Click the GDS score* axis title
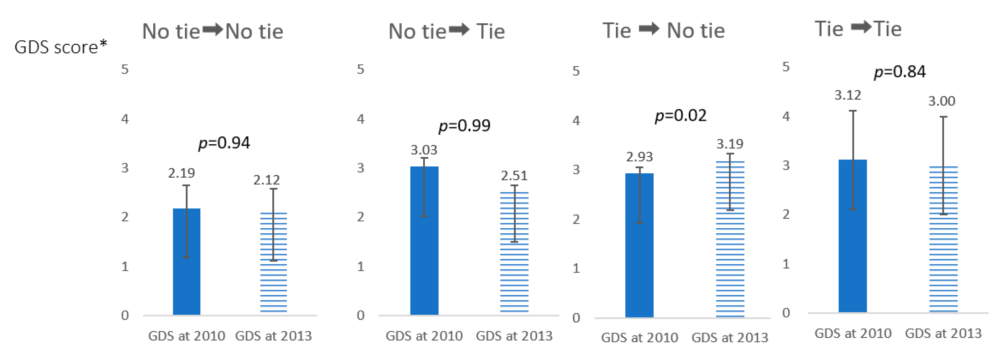click(61, 47)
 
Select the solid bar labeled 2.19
click(187, 262)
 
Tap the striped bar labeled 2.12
click(273, 263)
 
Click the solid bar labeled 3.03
click(424, 241)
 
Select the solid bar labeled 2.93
click(639, 245)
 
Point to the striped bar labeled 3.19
click(730, 239)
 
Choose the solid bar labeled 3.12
click(852, 236)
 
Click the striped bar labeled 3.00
click(944, 239)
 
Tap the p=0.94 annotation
click(224, 143)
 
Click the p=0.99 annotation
click(464, 125)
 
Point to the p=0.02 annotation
click(681, 115)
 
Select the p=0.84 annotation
click(899, 72)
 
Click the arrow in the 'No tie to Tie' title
click(459, 30)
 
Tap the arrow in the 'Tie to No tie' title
click(649, 28)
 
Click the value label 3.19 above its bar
click(730, 144)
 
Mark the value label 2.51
click(514, 176)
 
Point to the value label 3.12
click(848, 95)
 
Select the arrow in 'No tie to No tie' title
click(213, 30)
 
